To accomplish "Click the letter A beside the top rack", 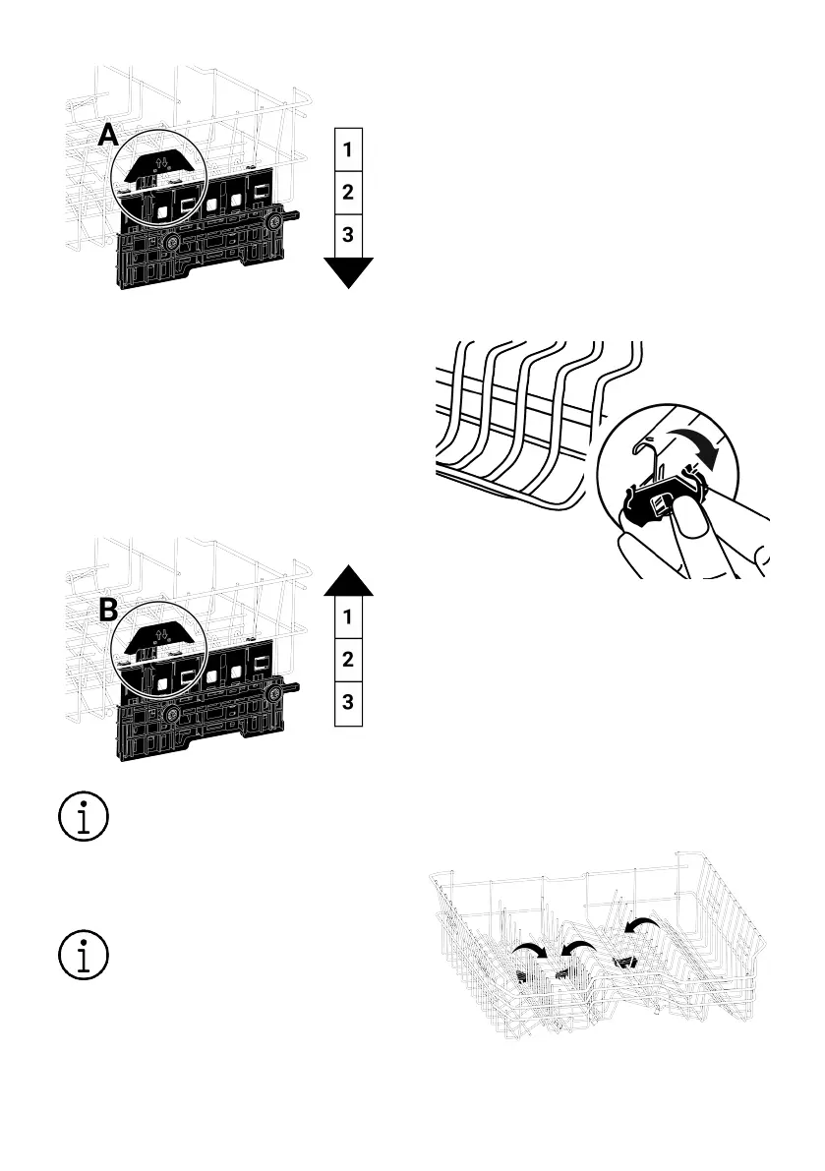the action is (108, 135).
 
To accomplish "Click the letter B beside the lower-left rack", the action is (108, 611).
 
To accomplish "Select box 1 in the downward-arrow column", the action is (348, 149).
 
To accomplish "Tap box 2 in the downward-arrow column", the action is (348, 192).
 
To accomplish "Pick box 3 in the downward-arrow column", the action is (348, 235).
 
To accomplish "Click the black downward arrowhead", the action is (349, 272).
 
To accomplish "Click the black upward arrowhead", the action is (349, 580).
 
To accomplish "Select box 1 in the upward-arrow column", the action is (348, 616).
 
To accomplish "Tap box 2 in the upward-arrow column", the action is (348, 660).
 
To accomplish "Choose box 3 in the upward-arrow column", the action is (348, 703).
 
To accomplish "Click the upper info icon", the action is (84, 816).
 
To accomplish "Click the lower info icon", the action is (84, 955).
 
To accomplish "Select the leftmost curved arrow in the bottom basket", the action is (529, 950).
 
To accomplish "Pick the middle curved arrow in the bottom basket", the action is (578, 949).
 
